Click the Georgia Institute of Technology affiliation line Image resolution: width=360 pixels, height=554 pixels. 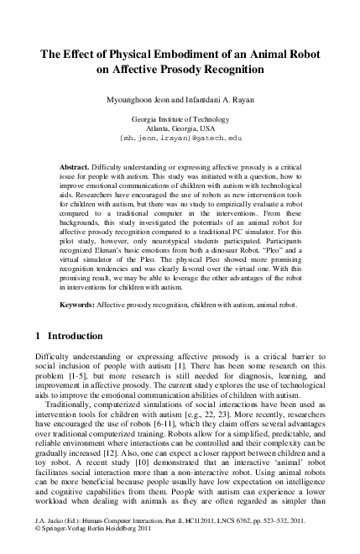pyautogui.click(x=180, y=121)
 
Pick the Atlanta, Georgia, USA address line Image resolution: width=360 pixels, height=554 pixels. pyautogui.click(x=180, y=130)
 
